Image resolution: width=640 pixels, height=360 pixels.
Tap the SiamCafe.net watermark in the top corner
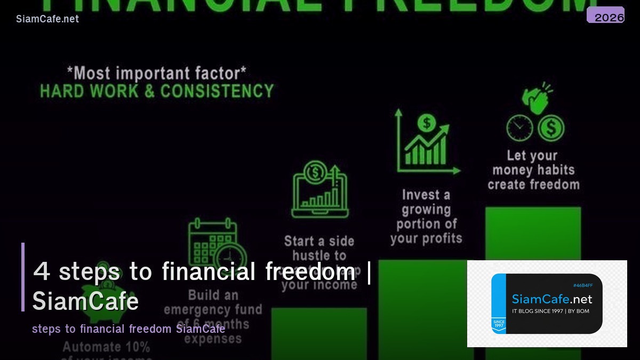(x=47, y=19)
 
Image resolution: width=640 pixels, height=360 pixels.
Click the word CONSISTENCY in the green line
(x=217, y=91)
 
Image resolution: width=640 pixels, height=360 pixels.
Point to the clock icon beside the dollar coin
(x=519, y=128)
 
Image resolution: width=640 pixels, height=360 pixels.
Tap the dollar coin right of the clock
(x=551, y=128)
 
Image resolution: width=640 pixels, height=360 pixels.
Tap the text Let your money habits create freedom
(x=533, y=170)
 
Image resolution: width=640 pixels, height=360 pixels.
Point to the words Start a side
(x=319, y=241)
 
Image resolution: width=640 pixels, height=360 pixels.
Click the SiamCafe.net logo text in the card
(x=552, y=299)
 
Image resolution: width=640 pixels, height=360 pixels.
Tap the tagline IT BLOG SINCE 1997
(x=550, y=311)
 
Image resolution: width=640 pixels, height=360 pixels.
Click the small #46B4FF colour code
(x=582, y=285)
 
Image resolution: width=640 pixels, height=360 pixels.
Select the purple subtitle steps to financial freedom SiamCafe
(x=128, y=329)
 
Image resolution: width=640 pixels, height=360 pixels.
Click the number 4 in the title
(x=42, y=271)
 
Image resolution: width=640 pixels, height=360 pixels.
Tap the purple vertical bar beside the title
(x=23, y=277)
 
